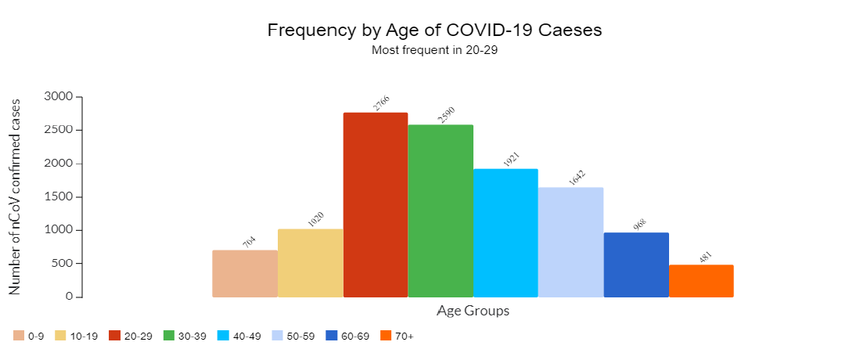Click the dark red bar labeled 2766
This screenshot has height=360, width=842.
click(376, 205)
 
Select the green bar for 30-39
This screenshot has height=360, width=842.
click(441, 211)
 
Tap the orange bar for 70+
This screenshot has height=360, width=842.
click(701, 281)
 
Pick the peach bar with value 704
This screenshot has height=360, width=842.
click(245, 274)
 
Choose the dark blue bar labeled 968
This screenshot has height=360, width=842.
click(636, 265)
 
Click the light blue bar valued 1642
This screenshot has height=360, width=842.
click(570, 242)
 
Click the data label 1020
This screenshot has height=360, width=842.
click(315, 219)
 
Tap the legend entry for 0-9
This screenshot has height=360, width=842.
click(29, 336)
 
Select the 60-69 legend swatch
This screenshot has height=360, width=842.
click(332, 336)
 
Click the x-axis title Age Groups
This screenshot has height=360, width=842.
click(473, 311)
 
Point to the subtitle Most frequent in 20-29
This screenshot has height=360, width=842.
click(434, 51)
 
